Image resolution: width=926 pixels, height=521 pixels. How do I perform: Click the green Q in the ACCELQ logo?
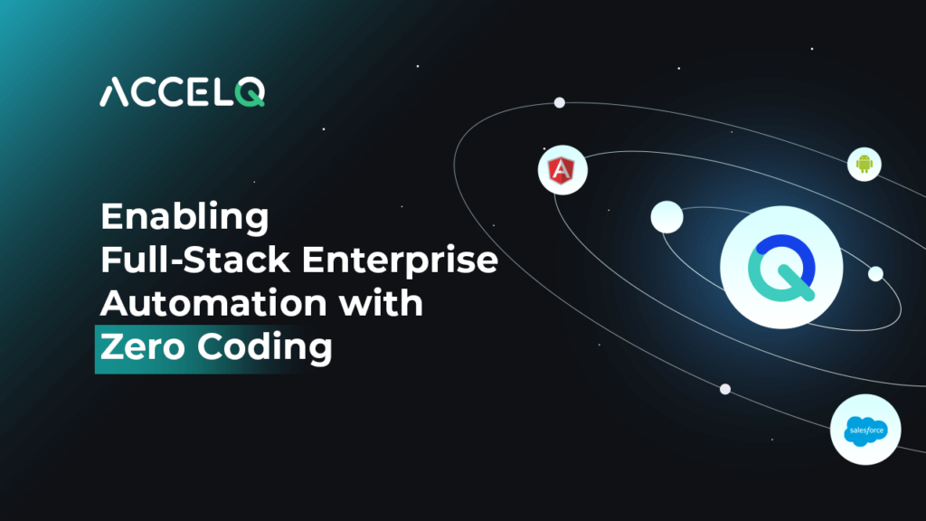click(x=250, y=93)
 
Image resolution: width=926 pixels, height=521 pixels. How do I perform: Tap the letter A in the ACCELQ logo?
click(x=114, y=93)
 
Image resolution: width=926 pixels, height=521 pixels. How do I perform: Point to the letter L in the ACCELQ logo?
click(x=222, y=93)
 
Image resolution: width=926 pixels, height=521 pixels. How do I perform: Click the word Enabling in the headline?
click(x=184, y=217)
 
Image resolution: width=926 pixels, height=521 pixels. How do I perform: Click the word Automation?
click(x=213, y=303)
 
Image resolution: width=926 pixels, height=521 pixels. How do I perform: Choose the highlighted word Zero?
click(x=142, y=346)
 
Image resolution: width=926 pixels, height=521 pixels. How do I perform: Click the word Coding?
click(x=265, y=347)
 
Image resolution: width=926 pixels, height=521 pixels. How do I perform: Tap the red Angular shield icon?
click(x=562, y=171)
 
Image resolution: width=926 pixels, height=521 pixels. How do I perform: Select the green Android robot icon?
click(x=864, y=164)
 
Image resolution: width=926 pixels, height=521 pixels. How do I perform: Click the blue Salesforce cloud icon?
click(x=865, y=431)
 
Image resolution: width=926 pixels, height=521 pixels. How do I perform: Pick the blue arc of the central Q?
click(x=789, y=252)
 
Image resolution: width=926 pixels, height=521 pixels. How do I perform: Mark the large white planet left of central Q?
click(x=666, y=217)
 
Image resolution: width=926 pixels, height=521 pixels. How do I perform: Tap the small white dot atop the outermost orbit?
click(x=559, y=103)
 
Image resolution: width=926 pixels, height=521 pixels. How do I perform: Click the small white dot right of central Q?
click(x=875, y=273)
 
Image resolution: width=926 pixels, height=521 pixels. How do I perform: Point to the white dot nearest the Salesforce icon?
click(x=725, y=389)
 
